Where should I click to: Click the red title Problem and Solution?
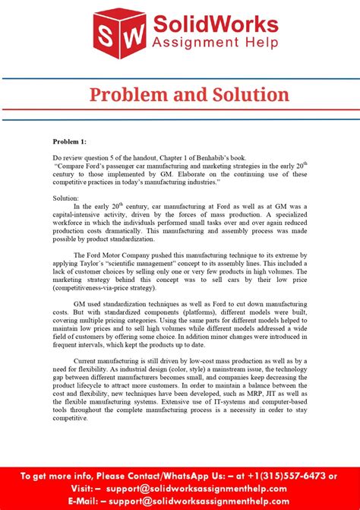(x=189, y=94)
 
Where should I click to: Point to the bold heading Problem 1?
(x=69, y=141)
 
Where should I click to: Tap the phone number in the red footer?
(x=291, y=477)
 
